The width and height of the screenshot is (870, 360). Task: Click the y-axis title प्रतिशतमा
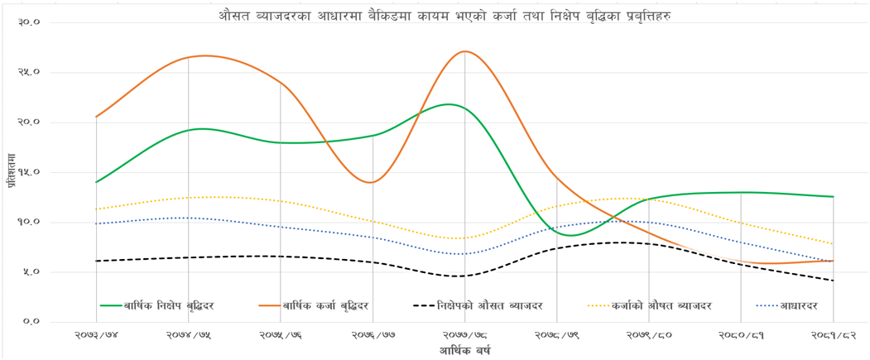(12, 171)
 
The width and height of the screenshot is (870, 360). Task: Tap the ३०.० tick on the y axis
(29, 22)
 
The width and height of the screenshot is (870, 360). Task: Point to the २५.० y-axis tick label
(29, 72)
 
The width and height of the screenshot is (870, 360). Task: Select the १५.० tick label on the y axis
(29, 172)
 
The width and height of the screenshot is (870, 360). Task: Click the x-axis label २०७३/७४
(96, 336)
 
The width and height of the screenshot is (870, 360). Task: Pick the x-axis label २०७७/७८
(464, 336)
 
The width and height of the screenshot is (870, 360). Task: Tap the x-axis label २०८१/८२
(833, 336)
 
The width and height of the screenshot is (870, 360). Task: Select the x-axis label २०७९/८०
(648, 336)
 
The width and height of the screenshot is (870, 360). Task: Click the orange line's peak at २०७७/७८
(465, 51)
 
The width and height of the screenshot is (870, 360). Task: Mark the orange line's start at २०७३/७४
(96, 117)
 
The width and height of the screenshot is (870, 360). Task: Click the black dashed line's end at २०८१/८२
(833, 281)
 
